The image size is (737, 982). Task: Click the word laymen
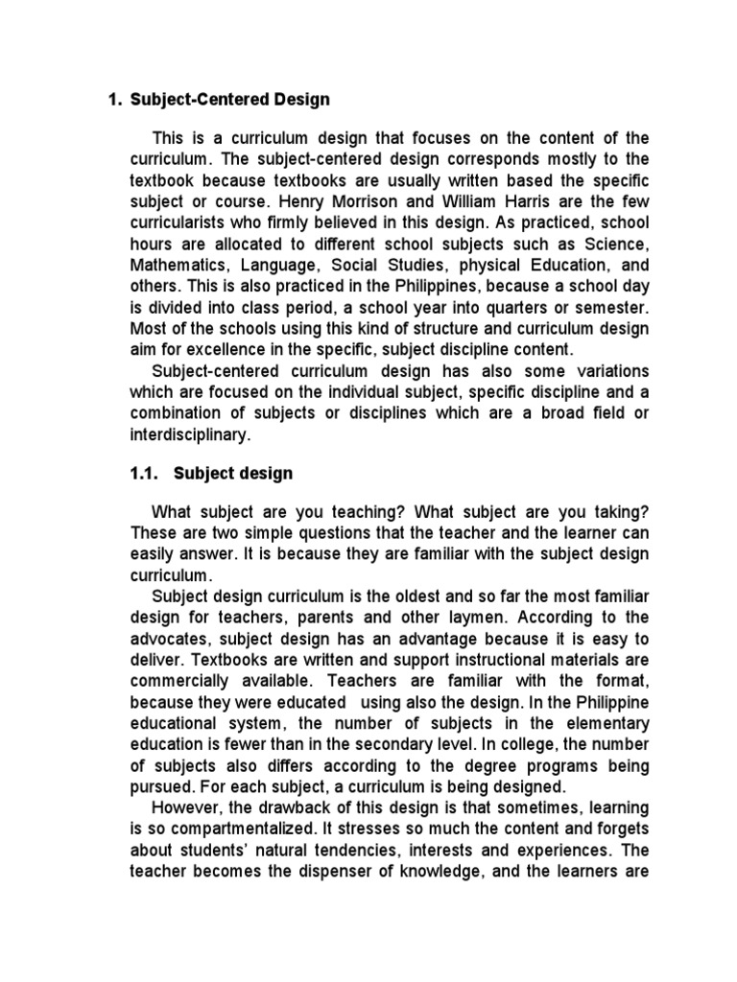[x=480, y=617]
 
